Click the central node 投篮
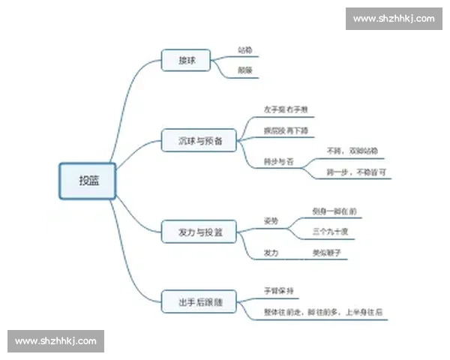[x=88, y=181]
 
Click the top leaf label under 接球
[x=244, y=50]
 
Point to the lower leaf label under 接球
[x=244, y=70]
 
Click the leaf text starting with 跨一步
[x=356, y=172]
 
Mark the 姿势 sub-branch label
[x=271, y=221]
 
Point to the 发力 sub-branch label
[x=271, y=253]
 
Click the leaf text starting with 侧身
[x=334, y=212]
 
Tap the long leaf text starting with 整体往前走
[x=322, y=311]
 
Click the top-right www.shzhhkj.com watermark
[x=393, y=18]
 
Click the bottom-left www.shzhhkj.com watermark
[x=56, y=341]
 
